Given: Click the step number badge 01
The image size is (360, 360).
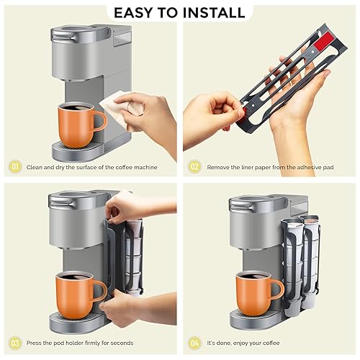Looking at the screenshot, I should pyautogui.click(x=14, y=167).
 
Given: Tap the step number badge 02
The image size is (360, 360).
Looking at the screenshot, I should pyautogui.click(x=193, y=167).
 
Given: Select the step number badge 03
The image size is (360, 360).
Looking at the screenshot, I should pyautogui.click(x=14, y=343).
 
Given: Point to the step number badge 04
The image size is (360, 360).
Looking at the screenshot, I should pyautogui.click(x=193, y=343).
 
